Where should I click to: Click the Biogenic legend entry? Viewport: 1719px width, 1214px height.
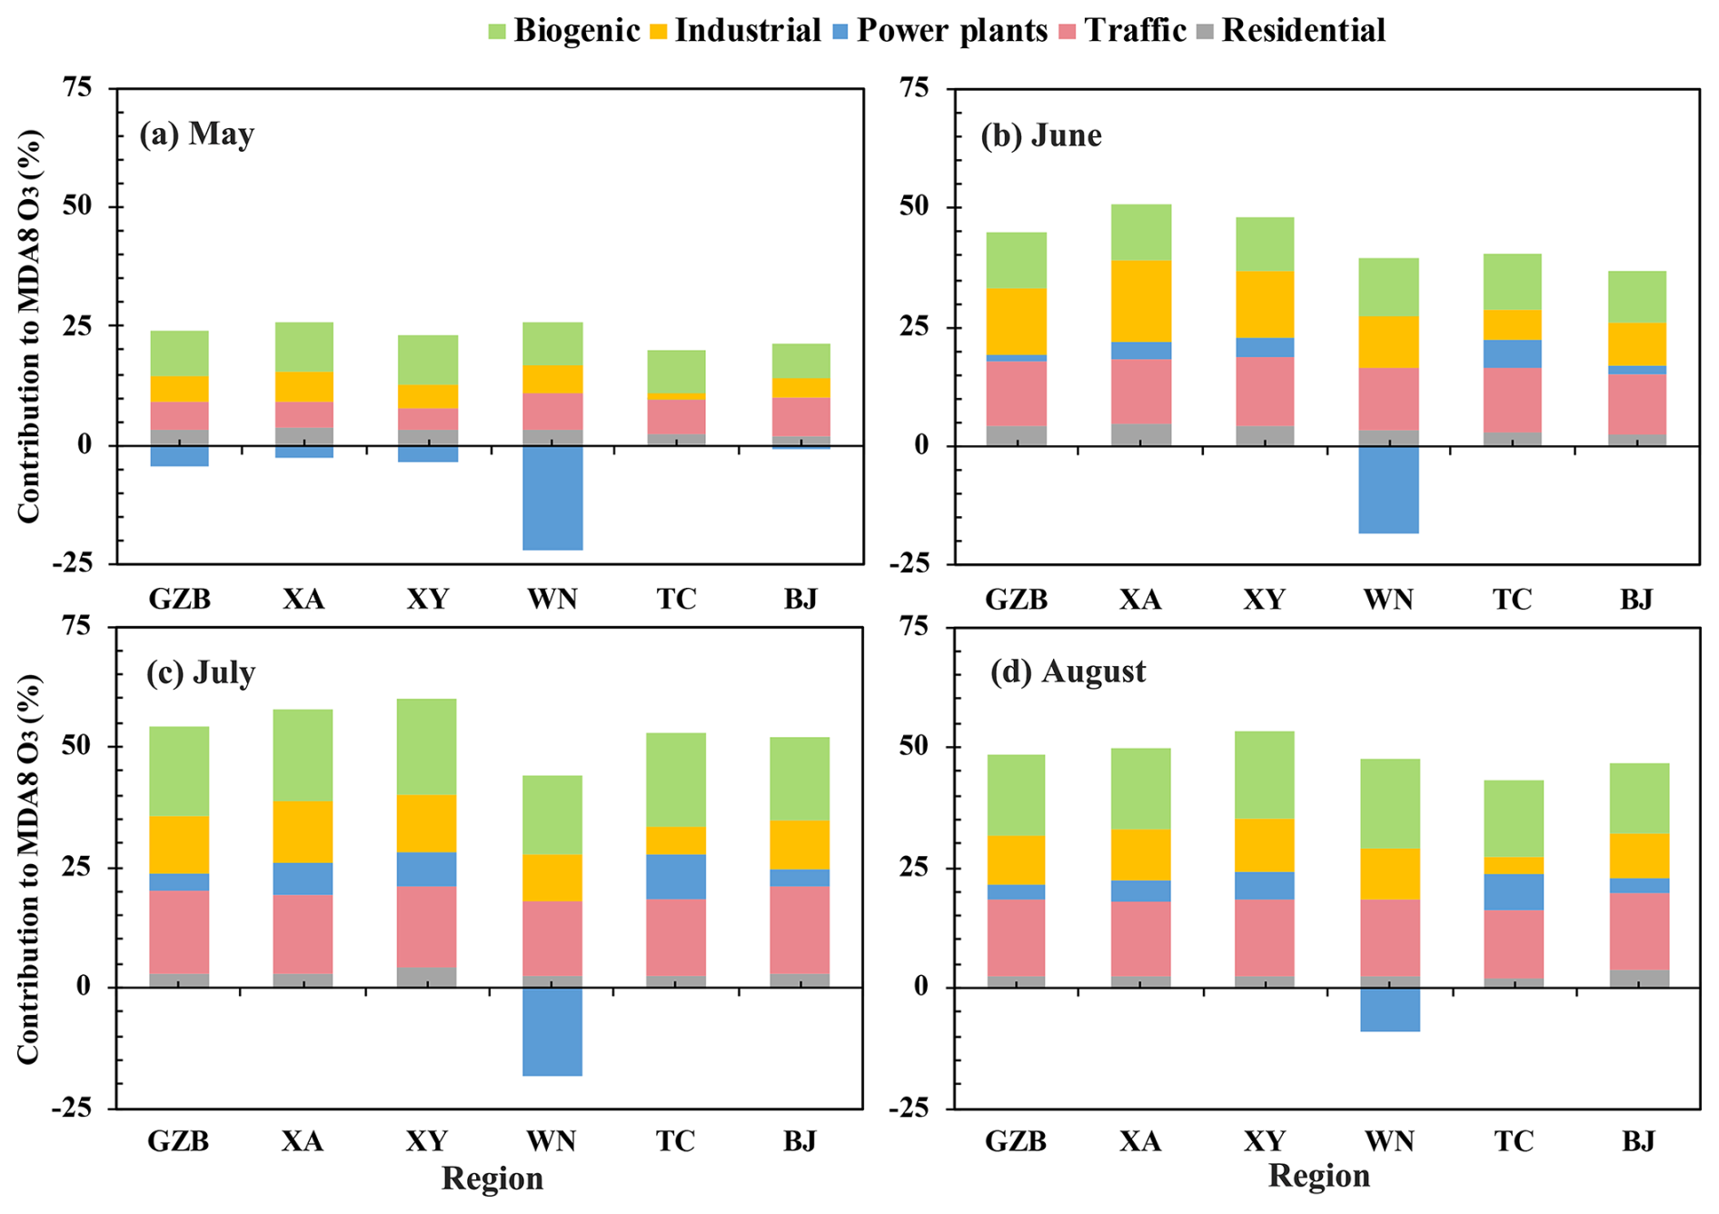[564, 31]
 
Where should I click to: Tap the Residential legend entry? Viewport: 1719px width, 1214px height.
[1290, 31]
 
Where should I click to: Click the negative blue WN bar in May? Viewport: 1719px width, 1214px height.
[552, 498]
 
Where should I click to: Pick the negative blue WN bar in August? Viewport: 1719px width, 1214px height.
[1389, 1010]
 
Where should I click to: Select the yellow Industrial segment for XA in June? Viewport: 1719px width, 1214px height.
[1141, 301]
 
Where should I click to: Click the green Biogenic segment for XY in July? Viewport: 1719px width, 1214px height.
[427, 747]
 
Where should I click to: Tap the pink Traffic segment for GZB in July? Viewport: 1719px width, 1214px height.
[179, 931]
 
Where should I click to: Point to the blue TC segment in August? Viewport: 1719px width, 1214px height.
[1514, 891]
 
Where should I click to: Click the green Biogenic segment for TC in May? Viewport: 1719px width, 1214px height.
[677, 372]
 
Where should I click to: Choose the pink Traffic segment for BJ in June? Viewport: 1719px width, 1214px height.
[1637, 403]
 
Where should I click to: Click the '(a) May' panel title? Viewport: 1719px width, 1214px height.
[196, 134]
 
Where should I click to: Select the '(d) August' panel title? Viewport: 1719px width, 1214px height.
[1068, 672]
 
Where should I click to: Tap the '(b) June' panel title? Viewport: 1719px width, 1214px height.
[1041, 135]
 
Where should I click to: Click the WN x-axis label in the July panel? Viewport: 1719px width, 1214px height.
[551, 1140]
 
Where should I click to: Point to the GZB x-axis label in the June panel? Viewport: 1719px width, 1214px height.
[1017, 600]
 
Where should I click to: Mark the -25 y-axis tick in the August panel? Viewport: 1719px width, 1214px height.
[915, 1109]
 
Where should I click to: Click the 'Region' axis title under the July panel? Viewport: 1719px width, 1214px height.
[492, 1179]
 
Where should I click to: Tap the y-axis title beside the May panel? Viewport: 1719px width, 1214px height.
[29, 327]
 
